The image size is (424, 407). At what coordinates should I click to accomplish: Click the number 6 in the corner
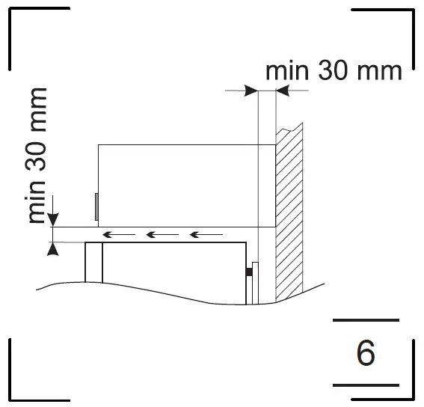(x=366, y=352)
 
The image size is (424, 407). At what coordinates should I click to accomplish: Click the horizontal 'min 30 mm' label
(x=334, y=71)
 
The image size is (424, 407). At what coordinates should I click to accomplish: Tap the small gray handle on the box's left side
(x=96, y=206)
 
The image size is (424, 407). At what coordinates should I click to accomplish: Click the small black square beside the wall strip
(x=248, y=272)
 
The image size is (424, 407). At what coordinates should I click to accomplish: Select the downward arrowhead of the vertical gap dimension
(x=52, y=219)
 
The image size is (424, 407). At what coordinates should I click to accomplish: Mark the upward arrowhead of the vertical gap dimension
(x=52, y=249)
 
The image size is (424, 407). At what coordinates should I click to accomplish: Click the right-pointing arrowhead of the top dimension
(x=251, y=91)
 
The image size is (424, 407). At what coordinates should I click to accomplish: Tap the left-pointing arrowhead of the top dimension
(x=283, y=91)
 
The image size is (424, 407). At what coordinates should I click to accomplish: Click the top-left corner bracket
(x=30, y=30)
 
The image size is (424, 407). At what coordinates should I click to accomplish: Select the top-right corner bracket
(x=393, y=30)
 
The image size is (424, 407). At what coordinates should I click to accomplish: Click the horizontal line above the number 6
(x=365, y=320)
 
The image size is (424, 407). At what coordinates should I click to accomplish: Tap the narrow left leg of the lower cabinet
(x=93, y=262)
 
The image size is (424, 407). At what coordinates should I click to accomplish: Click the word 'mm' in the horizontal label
(x=382, y=71)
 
